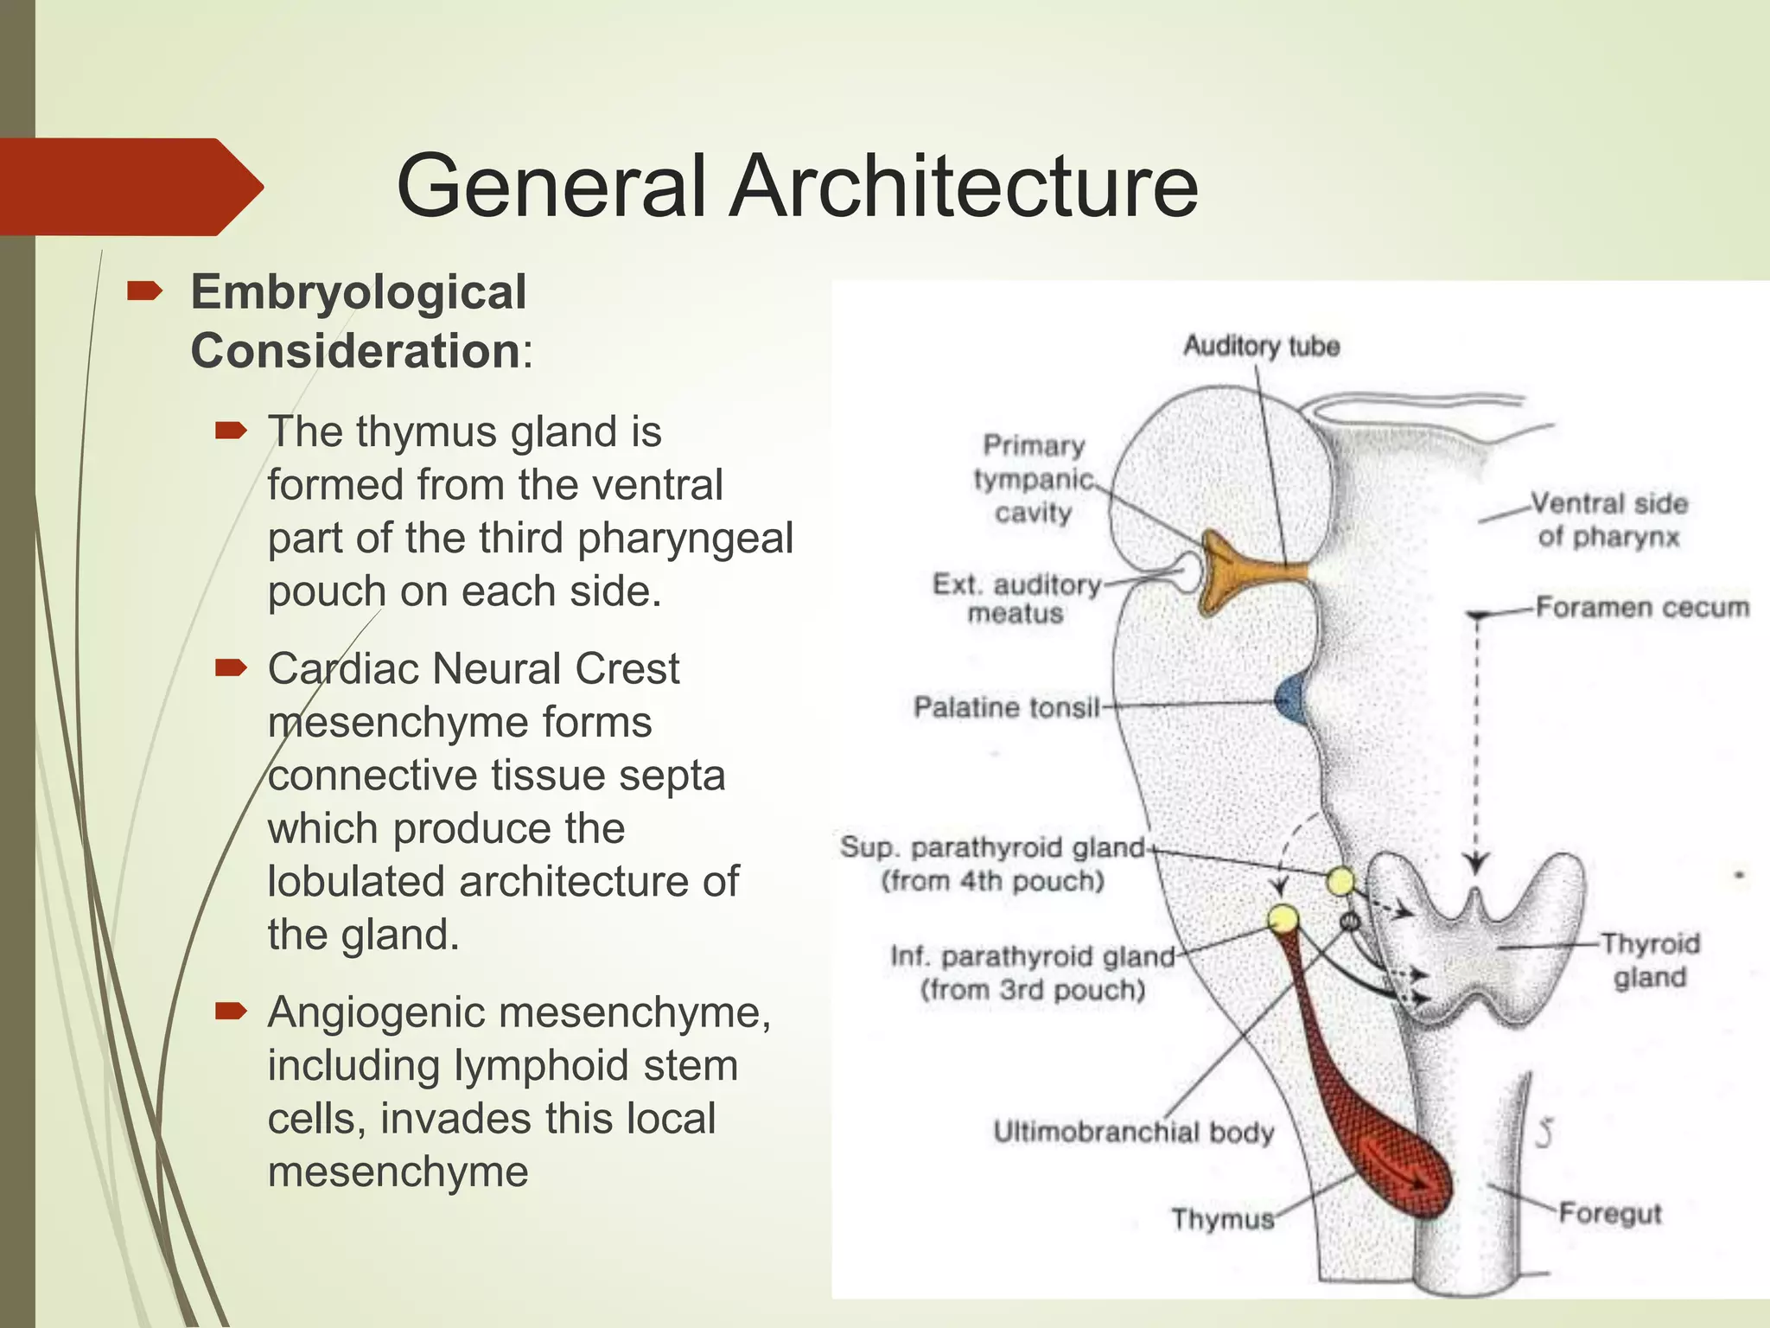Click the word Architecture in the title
pos(963,187)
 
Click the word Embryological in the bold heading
pos(359,292)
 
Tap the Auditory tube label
pos(1261,346)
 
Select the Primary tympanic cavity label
pos(1033,479)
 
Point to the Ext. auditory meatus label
pos(1016,598)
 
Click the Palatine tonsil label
pos(1006,707)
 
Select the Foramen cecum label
pos(1641,608)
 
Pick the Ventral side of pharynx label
pos(1608,520)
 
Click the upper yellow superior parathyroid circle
pos(1340,881)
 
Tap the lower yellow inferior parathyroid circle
pos(1283,918)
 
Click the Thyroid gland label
pos(1650,960)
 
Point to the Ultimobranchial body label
pos(1133,1132)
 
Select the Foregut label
pos(1609,1213)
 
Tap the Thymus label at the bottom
pos(1222,1219)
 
